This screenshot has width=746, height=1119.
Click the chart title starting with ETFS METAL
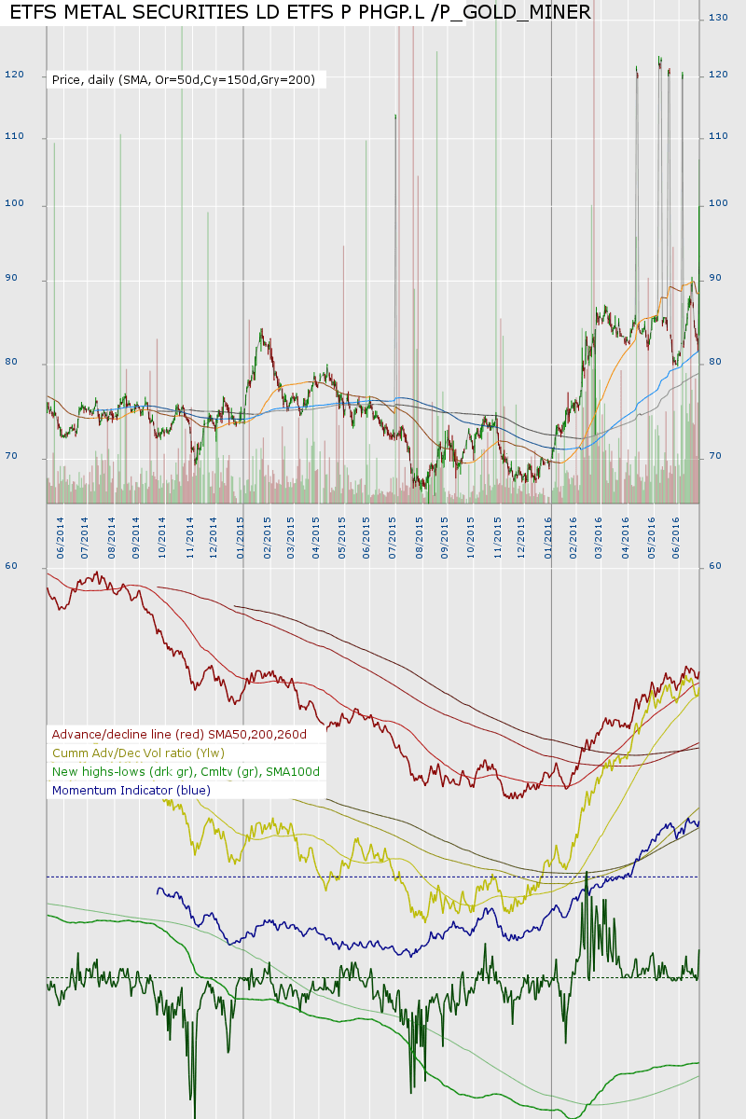299,12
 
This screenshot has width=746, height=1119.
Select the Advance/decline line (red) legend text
179,735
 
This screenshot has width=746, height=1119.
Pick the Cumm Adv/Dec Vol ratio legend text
138,753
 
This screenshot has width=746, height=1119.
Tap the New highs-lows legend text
186,772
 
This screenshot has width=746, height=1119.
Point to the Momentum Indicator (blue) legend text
131,791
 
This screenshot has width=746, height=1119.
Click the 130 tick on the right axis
718,19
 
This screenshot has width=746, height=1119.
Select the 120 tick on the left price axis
14,75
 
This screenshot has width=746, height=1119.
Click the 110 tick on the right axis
718,137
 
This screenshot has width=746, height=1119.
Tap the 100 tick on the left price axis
14,205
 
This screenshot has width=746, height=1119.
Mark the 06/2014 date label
60,539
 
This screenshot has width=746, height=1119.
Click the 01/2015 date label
241,539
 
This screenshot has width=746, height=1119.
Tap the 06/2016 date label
675,539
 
